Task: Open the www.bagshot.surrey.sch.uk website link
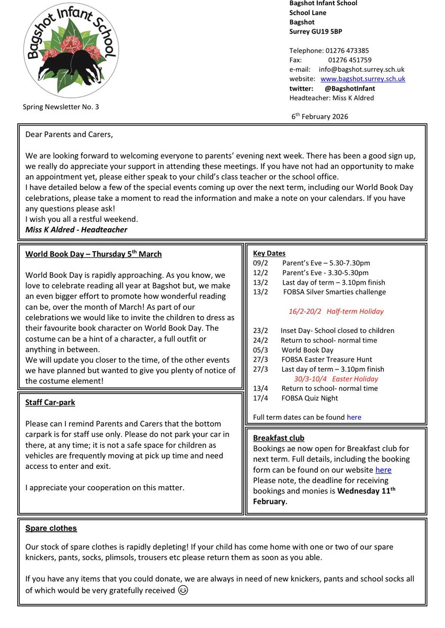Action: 363,79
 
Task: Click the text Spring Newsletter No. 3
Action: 61,107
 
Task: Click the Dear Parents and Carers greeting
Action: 69,134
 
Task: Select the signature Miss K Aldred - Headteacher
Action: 76,230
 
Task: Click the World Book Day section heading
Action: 94,254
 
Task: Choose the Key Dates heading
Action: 269,253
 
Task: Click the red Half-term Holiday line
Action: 336,311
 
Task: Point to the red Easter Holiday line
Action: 336,379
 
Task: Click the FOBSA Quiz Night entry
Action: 310,398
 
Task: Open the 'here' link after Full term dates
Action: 354,418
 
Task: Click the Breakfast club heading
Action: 279,438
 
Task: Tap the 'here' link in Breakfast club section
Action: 383,470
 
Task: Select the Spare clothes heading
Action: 51,529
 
